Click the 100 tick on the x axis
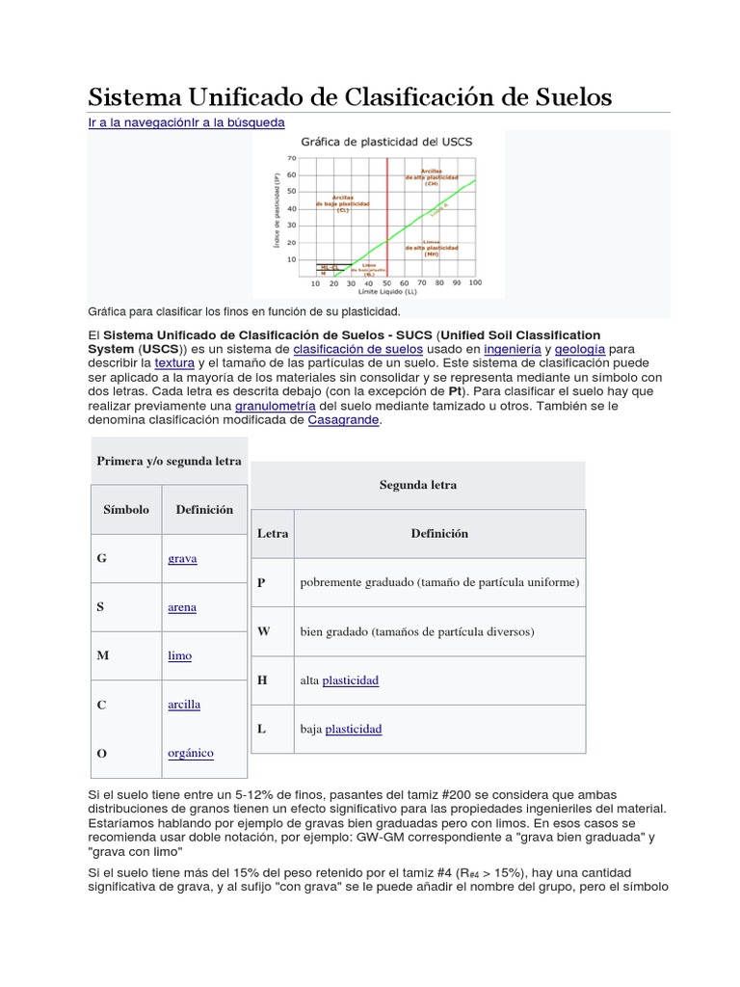pyautogui.click(x=475, y=283)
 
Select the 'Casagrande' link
pyautogui.click(x=344, y=420)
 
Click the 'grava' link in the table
pyautogui.click(x=182, y=558)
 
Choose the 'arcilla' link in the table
pyautogui.click(x=184, y=704)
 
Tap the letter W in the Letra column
pyautogui.click(x=263, y=630)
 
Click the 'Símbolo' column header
pyautogui.click(x=126, y=509)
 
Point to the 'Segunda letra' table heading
pyautogui.click(x=418, y=485)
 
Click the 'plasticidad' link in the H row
pyautogui.click(x=351, y=680)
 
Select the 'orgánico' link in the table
pyautogui.click(x=191, y=752)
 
